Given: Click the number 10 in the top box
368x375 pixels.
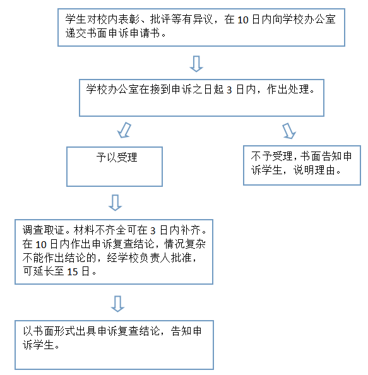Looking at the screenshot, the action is (x=242, y=20).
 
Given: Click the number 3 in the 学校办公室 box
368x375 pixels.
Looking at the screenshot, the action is (x=229, y=90).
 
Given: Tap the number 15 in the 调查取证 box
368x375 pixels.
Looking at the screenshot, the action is (x=73, y=272).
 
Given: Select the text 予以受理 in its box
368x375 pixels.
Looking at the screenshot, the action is (x=117, y=157).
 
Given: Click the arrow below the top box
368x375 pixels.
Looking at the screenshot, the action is (x=196, y=64).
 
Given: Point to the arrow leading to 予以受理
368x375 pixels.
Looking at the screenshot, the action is (x=124, y=130).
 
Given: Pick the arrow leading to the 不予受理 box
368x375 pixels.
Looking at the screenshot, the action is (x=289, y=131).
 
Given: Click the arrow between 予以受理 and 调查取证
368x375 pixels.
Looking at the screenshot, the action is (x=116, y=203).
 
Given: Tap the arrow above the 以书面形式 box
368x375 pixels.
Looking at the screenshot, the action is (x=117, y=304).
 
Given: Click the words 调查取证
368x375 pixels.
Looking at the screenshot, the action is (x=44, y=230).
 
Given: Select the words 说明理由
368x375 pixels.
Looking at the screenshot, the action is (x=314, y=170).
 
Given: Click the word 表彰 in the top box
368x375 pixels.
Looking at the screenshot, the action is (x=129, y=20).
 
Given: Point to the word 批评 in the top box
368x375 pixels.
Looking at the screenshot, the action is (x=160, y=20).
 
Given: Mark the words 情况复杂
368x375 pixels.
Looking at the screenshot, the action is (x=185, y=244).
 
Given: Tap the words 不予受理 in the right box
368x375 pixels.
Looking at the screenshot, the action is (x=271, y=157).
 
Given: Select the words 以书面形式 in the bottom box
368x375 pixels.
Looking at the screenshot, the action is (x=49, y=331).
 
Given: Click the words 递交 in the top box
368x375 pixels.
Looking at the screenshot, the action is (x=76, y=33).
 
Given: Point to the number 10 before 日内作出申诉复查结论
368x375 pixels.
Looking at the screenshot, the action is (x=41, y=245).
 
